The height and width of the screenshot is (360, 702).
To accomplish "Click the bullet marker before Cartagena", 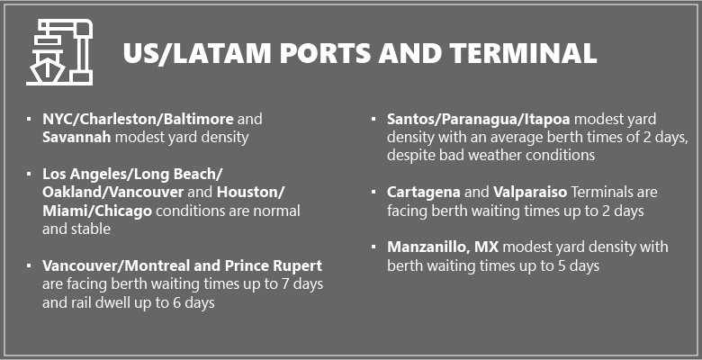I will (x=374, y=193).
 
